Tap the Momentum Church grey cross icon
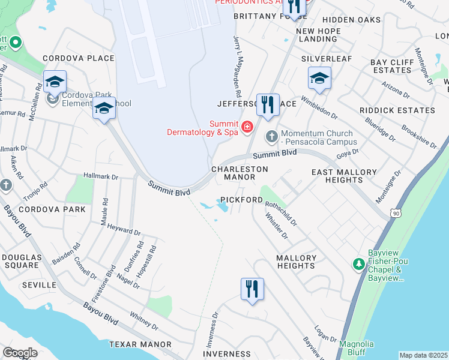(x=271, y=137)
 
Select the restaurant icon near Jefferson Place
(x=268, y=106)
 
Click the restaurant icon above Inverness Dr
(x=252, y=289)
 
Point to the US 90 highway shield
(x=394, y=213)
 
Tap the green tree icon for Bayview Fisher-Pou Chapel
(x=358, y=264)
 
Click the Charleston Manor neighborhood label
(x=240, y=173)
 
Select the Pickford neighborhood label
(x=241, y=199)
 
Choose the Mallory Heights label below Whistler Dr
(x=296, y=262)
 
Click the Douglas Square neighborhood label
(x=21, y=261)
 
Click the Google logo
(x=20, y=353)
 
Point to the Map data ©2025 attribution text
(x=423, y=355)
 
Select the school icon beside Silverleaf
(x=319, y=78)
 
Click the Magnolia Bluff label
(x=357, y=348)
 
